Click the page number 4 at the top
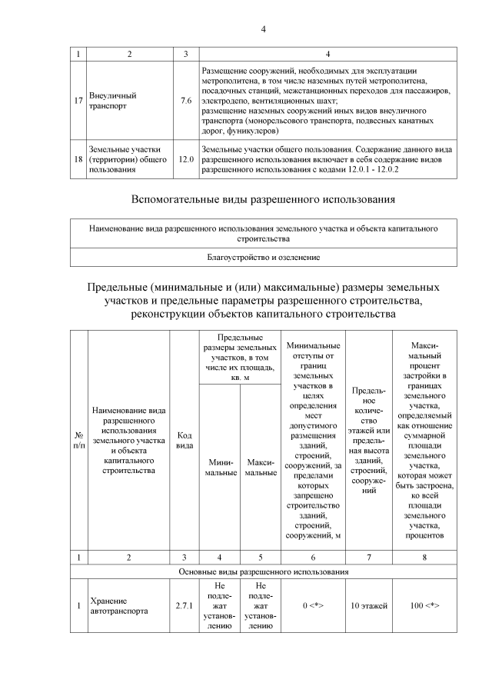[x=263, y=30]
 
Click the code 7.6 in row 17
[x=185, y=101]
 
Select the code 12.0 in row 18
[x=185, y=158]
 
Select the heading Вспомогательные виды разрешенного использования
[x=263, y=200]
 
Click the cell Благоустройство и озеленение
[x=263, y=256]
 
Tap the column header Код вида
[x=184, y=440]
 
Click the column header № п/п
[x=78, y=440]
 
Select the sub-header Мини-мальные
[x=219, y=467]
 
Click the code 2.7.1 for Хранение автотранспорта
[x=184, y=606]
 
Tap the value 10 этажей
[x=369, y=606]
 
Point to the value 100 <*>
[x=424, y=606]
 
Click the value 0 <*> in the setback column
[x=314, y=606]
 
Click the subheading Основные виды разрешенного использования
[x=263, y=572]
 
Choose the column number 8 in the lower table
[x=424, y=556]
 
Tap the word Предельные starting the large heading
[x=119, y=286]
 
